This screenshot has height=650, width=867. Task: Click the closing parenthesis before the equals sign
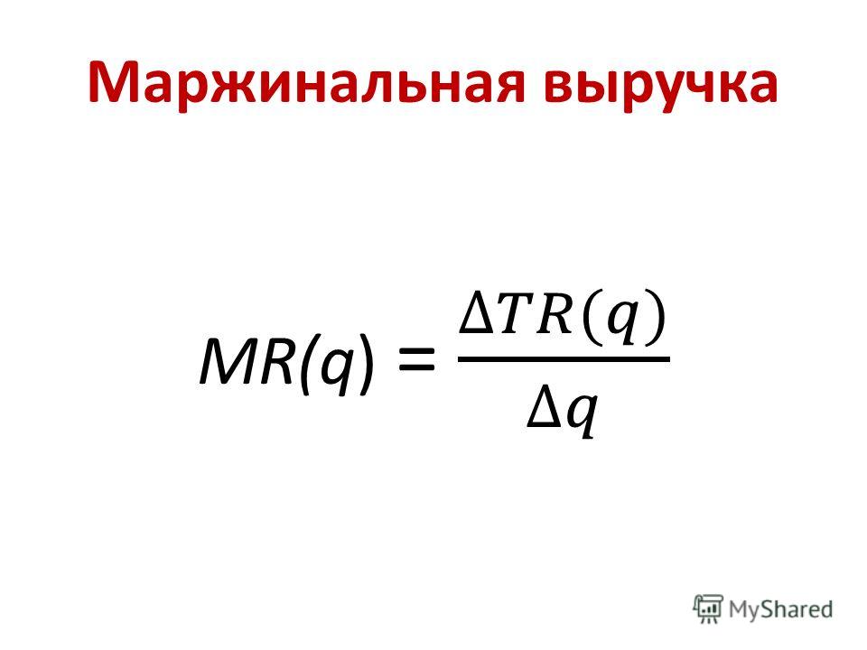[364, 365]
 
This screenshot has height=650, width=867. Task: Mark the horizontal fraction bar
[564, 358]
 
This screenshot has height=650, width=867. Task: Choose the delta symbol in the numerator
[477, 316]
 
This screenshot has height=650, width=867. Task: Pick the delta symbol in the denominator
[544, 410]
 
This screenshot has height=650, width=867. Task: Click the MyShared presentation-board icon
[708, 609]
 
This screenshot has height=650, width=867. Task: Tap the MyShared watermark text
[780, 610]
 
